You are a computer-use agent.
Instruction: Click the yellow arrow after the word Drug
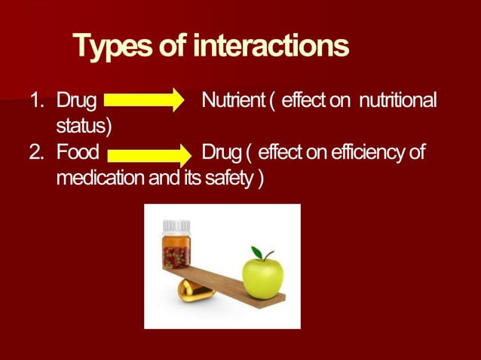(x=143, y=99)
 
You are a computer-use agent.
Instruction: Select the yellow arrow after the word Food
(x=149, y=154)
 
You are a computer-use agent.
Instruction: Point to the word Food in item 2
(x=78, y=154)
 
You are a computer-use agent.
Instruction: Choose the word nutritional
(x=397, y=100)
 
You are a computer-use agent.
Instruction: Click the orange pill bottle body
(x=176, y=250)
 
